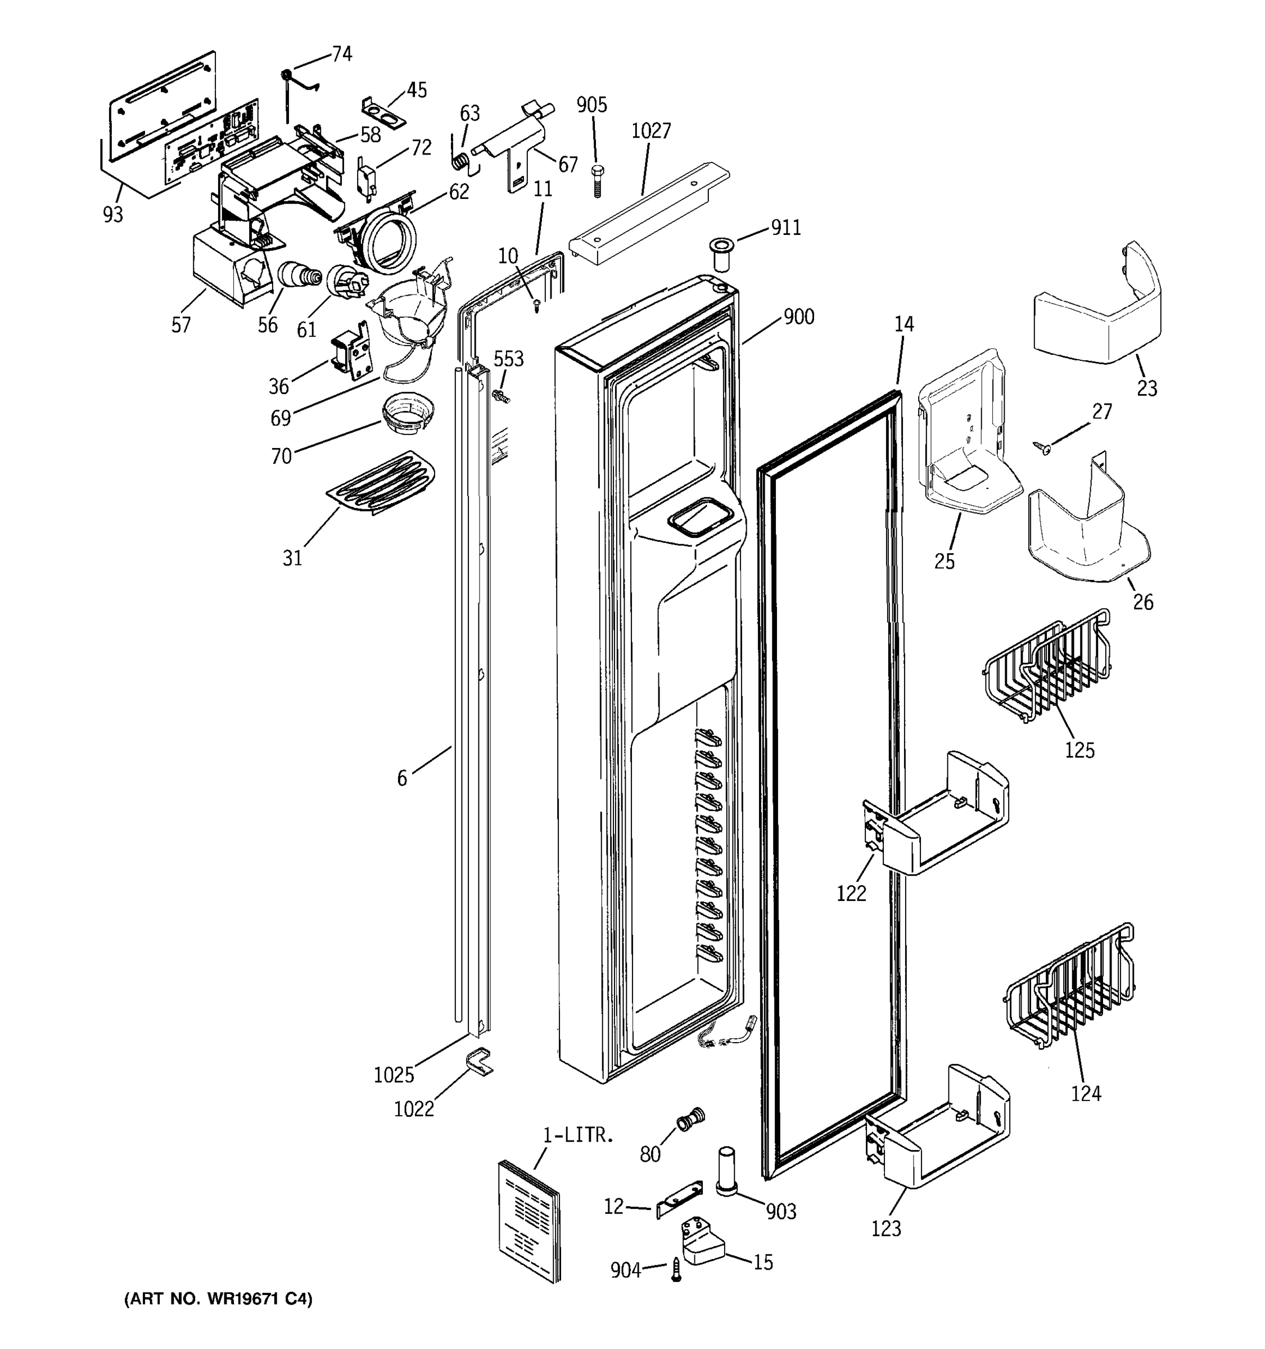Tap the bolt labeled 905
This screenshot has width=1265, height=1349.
[597, 180]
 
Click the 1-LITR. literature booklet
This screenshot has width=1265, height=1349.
[530, 1221]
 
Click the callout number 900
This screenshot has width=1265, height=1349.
[799, 317]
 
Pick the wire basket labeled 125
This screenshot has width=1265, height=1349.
[1045, 668]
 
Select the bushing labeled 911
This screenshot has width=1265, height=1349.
[721, 253]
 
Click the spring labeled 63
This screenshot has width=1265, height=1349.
[460, 161]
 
